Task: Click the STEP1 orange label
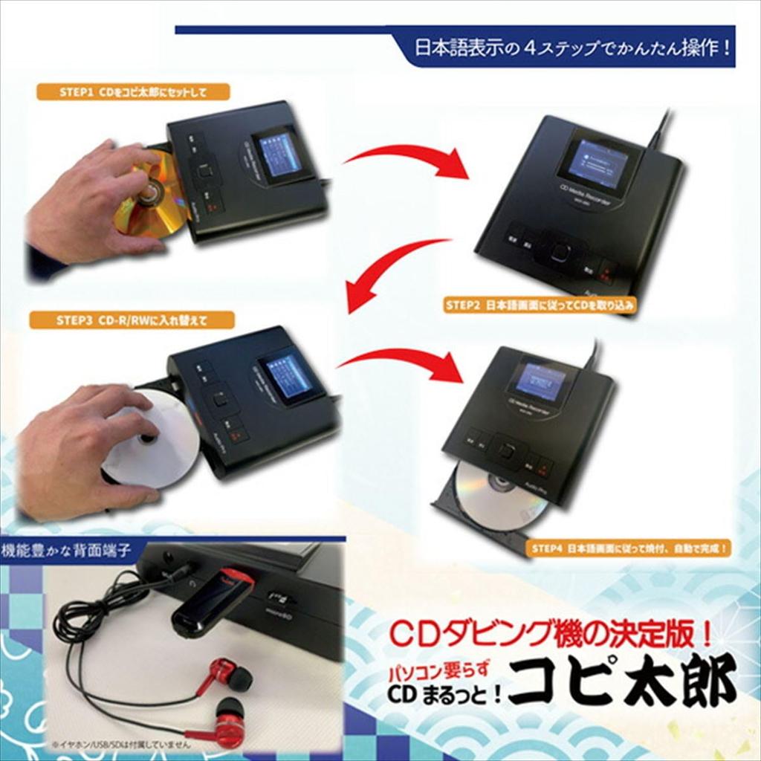(x=133, y=92)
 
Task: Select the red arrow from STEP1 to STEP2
(x=405, y=160)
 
